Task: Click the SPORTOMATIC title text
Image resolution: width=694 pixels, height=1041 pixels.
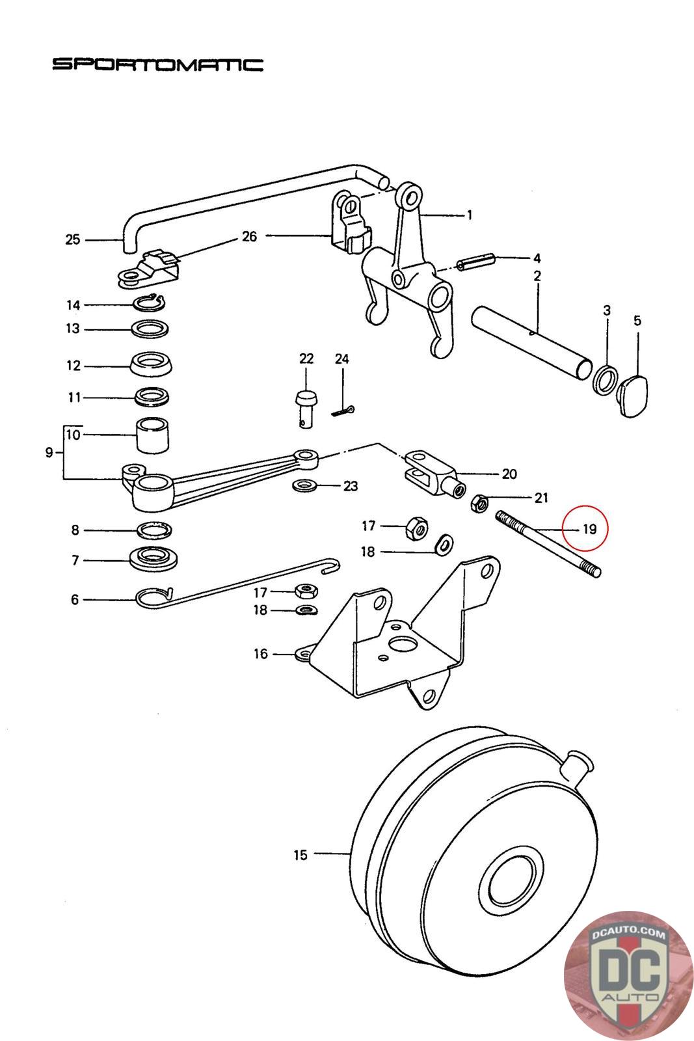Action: pyautogui.click(x=158, y=64)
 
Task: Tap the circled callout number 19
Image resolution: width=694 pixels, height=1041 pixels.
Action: pyautogui.click(x=589, y=529)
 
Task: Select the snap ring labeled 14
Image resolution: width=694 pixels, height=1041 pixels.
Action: pyautogui.click(x=149, y=302)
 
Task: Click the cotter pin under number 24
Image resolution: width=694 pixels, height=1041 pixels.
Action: pyautogui.click(x=344, y=411)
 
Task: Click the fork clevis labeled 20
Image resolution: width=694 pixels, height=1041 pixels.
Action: pyautogui.click(x=434, y=475)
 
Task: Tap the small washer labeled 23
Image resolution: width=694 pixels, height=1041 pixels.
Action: pyautogui.click(x=304, y=485)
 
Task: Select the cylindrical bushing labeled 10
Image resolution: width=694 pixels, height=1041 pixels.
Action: pyautogui.click(x=152, y=435)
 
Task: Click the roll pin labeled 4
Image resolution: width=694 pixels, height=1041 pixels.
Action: pyautogui.click(x=476, y=262)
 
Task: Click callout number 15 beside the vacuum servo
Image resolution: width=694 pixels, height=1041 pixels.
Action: pyautogui.click(x=300, y=855)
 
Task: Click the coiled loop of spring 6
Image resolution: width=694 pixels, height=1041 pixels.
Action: pyautogui.click(x=152, y=598)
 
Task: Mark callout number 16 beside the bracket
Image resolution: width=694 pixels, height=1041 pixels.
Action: pyautogui.click(x=261, y=654)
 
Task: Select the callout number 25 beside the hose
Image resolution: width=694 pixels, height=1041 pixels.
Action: pyautogui.click(x=72, y=240)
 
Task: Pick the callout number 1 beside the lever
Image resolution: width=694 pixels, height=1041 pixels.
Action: pyautogui.click(x=470, y=215)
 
